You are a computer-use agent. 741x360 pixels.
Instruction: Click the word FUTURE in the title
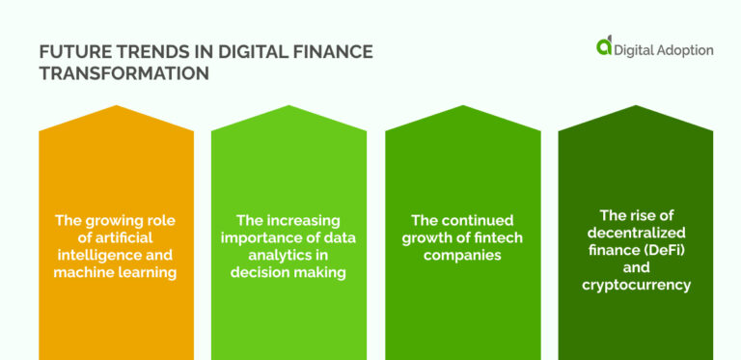click(x=69, y=51)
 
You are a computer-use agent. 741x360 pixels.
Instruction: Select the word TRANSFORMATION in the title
click(x=124, y=72)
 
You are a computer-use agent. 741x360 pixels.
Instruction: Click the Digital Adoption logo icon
click(x=605, y=45)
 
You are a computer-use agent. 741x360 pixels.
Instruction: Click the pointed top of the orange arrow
click(x=116, y=107)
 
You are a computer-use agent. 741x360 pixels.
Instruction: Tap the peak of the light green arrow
click(x=289, y=107)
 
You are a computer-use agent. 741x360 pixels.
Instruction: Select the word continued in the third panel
click(x=476, y=220)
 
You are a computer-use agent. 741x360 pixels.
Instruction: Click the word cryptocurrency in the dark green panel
click(x=636, y=284)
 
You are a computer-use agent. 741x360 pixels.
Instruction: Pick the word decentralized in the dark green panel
click(x=636, y=232)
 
